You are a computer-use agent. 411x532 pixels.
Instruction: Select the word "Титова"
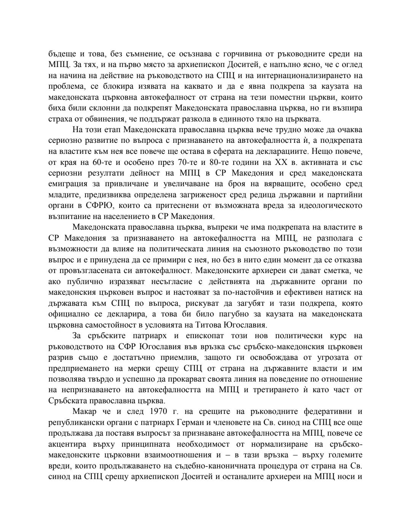tap(209, 325)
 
